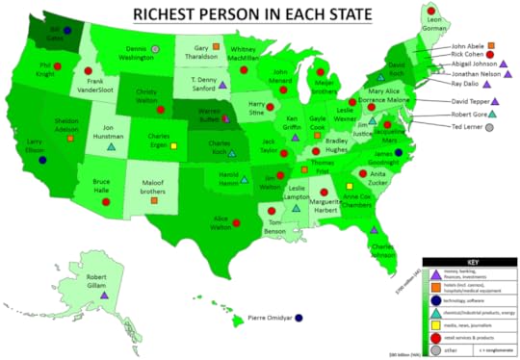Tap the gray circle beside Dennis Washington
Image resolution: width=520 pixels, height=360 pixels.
tap(156, 48)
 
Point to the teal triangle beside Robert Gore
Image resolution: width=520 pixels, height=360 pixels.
tap(492, 113)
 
